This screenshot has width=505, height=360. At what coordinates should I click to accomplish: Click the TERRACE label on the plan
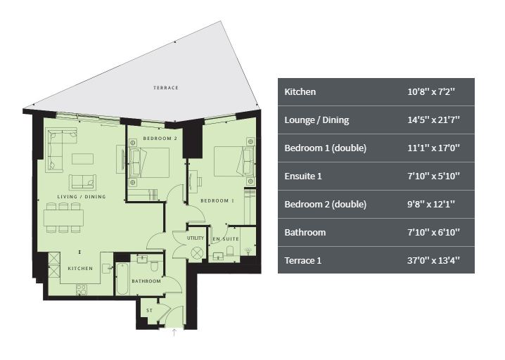166,88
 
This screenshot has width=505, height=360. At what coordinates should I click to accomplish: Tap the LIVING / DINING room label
82,196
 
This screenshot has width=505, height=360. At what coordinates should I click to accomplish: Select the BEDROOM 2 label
160,139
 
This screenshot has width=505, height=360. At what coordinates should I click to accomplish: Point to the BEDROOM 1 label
217,200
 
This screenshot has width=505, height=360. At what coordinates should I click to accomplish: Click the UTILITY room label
196,238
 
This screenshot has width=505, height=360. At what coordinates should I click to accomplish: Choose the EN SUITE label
226,238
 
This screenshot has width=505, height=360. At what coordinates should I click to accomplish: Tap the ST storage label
149,310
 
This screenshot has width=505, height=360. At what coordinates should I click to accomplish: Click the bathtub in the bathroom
122,279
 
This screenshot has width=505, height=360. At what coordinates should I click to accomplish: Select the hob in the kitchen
81,290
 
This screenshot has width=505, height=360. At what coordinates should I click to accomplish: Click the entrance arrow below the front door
174,333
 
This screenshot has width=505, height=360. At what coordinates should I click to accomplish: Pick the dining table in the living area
63,217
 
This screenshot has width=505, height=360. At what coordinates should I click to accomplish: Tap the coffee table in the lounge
83,159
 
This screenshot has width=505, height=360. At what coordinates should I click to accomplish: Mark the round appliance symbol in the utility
196,253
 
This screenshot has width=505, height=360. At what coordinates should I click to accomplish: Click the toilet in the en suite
230,251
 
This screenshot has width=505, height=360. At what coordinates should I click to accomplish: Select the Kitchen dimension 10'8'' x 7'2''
431,92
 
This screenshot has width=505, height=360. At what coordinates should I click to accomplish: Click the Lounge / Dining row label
317,120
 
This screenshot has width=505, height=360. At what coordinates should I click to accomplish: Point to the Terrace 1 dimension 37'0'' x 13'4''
433,260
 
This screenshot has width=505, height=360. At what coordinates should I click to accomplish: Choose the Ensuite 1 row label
303,176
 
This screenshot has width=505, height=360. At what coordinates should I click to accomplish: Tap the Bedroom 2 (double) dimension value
431,205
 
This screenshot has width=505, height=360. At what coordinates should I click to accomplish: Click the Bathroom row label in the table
305,233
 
